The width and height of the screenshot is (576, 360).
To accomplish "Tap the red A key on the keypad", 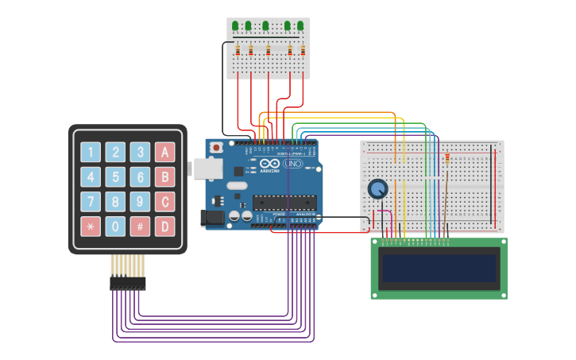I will pos(164,153).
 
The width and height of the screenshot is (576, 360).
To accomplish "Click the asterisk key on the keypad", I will pos(91,226).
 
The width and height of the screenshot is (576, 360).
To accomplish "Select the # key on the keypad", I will pos(140,226).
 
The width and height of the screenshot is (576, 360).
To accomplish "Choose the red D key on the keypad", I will pos(164,226).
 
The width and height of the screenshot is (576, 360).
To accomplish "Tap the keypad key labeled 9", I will pos(140,202).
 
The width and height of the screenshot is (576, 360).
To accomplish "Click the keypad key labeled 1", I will pos(91,153).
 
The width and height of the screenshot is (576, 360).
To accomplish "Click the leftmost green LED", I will pos(235,26).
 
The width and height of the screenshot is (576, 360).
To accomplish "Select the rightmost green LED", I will pos(301,26).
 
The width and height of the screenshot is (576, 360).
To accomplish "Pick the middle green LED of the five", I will pos(265,26).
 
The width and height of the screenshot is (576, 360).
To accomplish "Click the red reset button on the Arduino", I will pos(216,148).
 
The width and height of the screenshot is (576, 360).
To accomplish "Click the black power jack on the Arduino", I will pos(213,217).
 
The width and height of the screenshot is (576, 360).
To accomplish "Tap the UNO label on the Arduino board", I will pos(293,164).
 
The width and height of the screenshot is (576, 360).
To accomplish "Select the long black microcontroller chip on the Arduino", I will pos(284,203).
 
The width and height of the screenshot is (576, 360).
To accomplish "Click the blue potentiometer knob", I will pos(378,189).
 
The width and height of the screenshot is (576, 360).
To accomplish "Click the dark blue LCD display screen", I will pos(439,269).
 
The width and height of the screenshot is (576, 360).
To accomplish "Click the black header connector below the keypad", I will pos(127,283).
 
